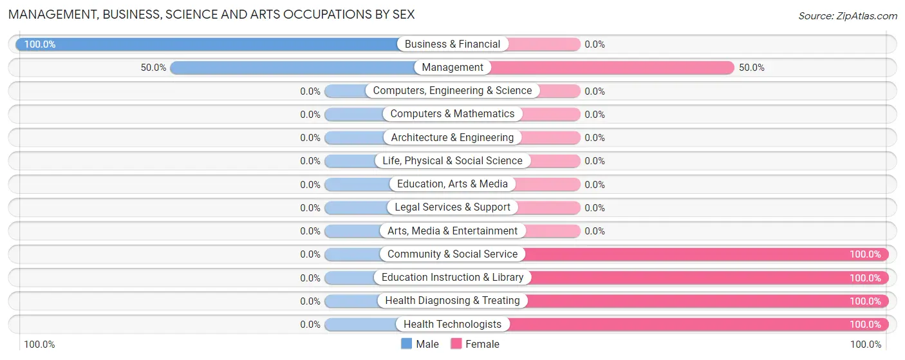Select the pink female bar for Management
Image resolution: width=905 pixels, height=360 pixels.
click(x=611, y=68)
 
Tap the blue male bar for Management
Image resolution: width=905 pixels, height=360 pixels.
click(x=293, y=68)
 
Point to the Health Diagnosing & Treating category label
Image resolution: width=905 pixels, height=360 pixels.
click(x=452, y=301)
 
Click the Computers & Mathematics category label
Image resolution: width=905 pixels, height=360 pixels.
click(x=452, y=114)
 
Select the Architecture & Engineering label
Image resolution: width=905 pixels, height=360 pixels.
click(x=452, y=137)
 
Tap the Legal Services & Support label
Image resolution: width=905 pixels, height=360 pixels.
click(x=452, y=207)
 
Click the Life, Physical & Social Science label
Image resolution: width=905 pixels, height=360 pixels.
click(x=452, y=161)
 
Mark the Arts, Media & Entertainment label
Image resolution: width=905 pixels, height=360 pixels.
click(x=452, y=231)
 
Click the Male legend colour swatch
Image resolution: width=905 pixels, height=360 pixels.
click(x=407, y=344)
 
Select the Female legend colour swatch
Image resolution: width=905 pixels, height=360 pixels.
click(x=456, y=344)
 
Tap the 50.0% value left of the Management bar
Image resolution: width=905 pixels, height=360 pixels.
click(x=154, y=68)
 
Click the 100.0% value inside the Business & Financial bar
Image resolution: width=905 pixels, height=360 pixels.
click(x=40, y=44)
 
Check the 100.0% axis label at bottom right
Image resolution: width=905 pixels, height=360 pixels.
click(x=866, y=345)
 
